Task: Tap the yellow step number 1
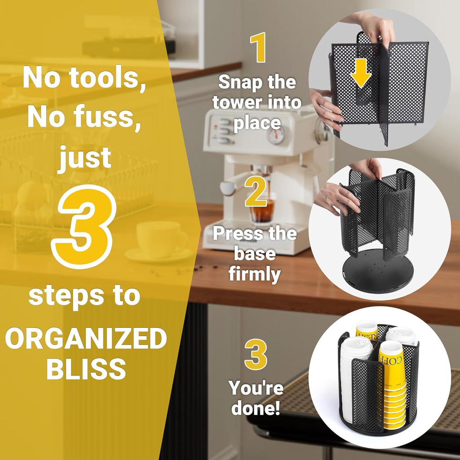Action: point(258,47)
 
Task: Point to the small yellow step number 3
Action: point(256,354)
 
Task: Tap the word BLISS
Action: point(86,369)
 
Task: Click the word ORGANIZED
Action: point(86,338)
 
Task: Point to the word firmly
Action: point(255,275)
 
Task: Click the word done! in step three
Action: point(256,407)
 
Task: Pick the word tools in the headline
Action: point(107,78)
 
